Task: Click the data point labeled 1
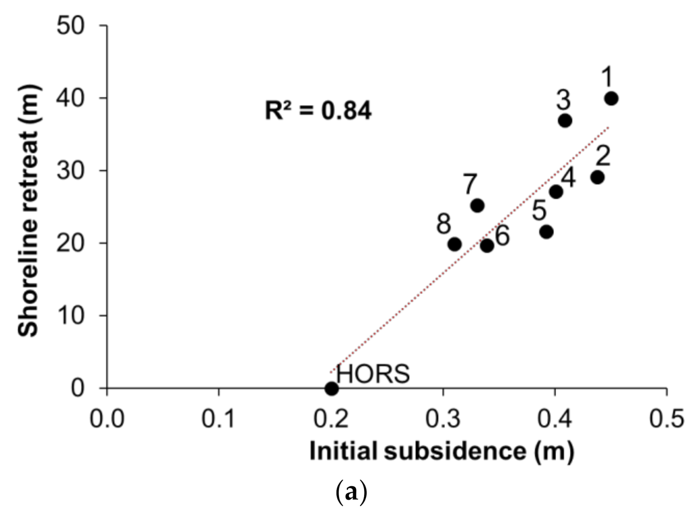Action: click(x=611, y=99)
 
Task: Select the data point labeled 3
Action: click(x=565, y=121)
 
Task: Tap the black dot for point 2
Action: click(x=597, y=177)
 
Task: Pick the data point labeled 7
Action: click(x=477, y=205)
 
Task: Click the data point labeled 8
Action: click(x=454, y=245)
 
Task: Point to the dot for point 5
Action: click(x=547, y=232)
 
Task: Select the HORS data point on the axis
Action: click(x=331, y=388)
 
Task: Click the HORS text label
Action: click(x=373, y=374)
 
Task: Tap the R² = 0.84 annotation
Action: click(x=318, y=111)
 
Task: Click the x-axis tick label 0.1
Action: click(x=219, y=418)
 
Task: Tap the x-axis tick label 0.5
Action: click(x=667, y=418)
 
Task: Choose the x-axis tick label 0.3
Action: click(x=443, y=418)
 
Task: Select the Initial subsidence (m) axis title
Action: click(x=442, y=451)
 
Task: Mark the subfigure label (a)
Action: click(x=351, y=493)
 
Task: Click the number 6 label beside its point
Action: click(x=502, y=236)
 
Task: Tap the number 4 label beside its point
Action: click(x=568, y=177)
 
